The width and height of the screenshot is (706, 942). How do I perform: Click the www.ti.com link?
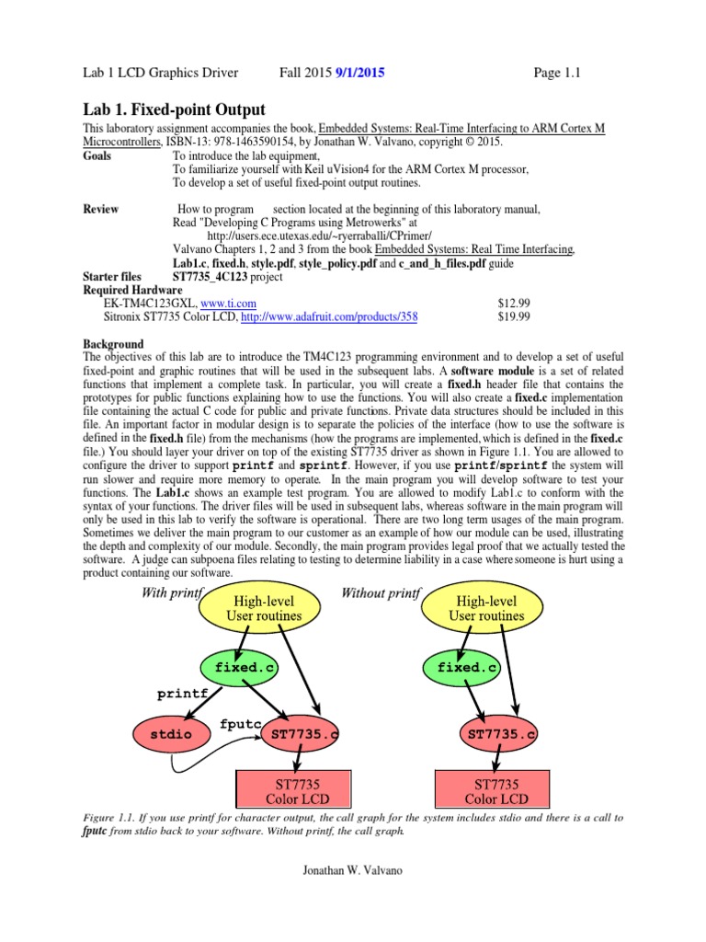(228, 302)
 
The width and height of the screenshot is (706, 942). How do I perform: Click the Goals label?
(97, 156)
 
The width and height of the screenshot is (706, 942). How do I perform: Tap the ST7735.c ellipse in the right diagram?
(501, 734)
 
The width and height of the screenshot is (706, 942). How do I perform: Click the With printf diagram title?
(171, 593)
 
